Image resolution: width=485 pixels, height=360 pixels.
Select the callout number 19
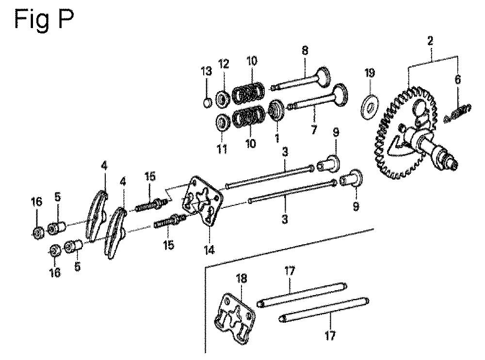(369, 73)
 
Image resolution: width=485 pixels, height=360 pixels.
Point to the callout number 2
(430, 41)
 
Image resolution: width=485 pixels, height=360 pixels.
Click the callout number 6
(457, 79)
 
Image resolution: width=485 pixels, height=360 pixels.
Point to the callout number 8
(305, 50)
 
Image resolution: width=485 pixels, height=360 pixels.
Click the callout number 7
(314, 129)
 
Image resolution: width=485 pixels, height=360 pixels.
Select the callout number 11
(222, 149)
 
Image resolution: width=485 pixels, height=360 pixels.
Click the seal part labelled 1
(275, 110)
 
